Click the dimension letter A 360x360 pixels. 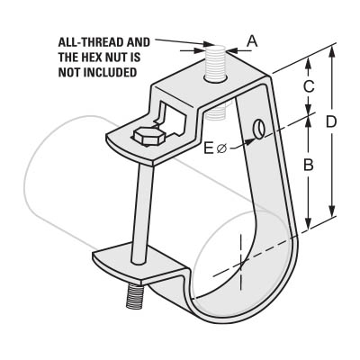click(252, 41)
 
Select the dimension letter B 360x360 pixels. click(309, 165)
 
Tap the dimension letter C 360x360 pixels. click(309, 86)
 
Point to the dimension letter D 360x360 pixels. click(331, 122)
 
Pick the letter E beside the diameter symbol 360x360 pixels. click(208, 148)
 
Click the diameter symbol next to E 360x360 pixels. click(221, 148)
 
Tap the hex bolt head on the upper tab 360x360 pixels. click(148, 137)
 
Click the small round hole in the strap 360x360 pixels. click(258, 129)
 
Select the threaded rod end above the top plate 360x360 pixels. click(215, 63)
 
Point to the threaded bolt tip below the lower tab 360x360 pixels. click(134, 297)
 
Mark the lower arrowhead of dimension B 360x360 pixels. click(308, 223)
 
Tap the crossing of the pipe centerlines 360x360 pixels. click(241, 264)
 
